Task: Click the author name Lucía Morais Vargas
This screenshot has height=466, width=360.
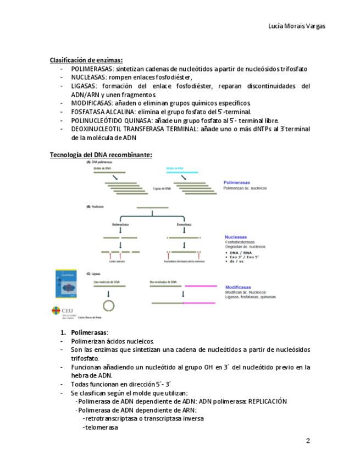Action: pyautogui.click(x=296, y=26)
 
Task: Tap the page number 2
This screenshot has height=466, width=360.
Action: pyautogui.click(x=308, y=441)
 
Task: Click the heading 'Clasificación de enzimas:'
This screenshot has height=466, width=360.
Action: pyautogui.click(x=86, y=60)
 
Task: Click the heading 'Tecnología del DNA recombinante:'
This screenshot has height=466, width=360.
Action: pyautogui.click(x=101, y=155)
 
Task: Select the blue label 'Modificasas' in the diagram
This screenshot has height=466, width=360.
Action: pyautogui.click(x=238, y=287)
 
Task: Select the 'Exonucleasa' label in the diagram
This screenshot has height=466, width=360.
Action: pyautogui.click(x=184, y=224)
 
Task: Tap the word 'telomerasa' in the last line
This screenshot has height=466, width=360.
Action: pyautogui.click(x=102, y=427)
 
